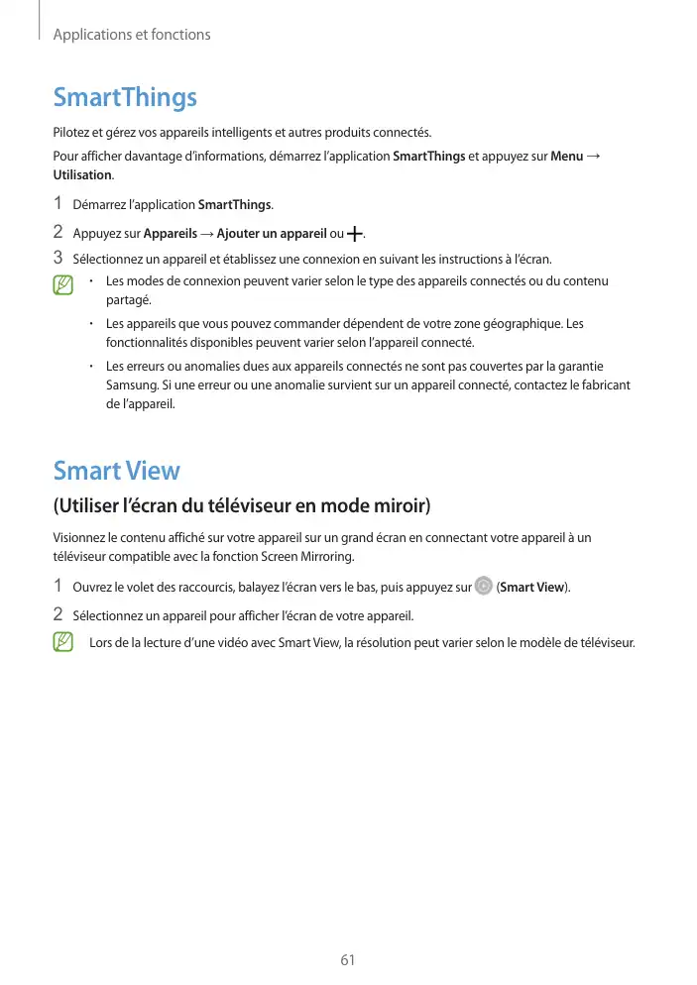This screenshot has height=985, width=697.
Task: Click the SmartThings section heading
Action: (x=125, y=98)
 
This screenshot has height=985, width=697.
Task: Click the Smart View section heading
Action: (x=116, y=470)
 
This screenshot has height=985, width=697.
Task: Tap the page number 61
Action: (x=347, y=960)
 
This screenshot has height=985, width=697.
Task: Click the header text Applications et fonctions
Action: (x=131, y=35)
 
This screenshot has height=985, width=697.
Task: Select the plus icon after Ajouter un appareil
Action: (x=355, y=235)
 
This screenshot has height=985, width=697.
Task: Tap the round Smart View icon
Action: (x=483, y=587)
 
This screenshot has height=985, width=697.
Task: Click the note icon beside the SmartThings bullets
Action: (x=63, y=286)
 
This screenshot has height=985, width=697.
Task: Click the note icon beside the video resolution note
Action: (x=63, y=642)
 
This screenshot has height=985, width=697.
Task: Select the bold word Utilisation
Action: (x=82, y=175)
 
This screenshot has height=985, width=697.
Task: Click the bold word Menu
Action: (x=566, y=158)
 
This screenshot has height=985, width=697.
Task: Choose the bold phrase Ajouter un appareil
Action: (x=271, y=234)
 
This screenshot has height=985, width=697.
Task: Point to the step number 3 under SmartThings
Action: (x=58, y=260)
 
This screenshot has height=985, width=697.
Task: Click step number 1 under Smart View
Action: (x=58, y=587)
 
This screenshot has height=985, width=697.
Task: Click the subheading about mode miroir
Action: (x=242, y=507)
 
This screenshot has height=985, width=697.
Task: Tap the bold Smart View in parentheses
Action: (x=532, y=588)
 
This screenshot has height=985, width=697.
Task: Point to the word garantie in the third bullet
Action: (x=578, y=367)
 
